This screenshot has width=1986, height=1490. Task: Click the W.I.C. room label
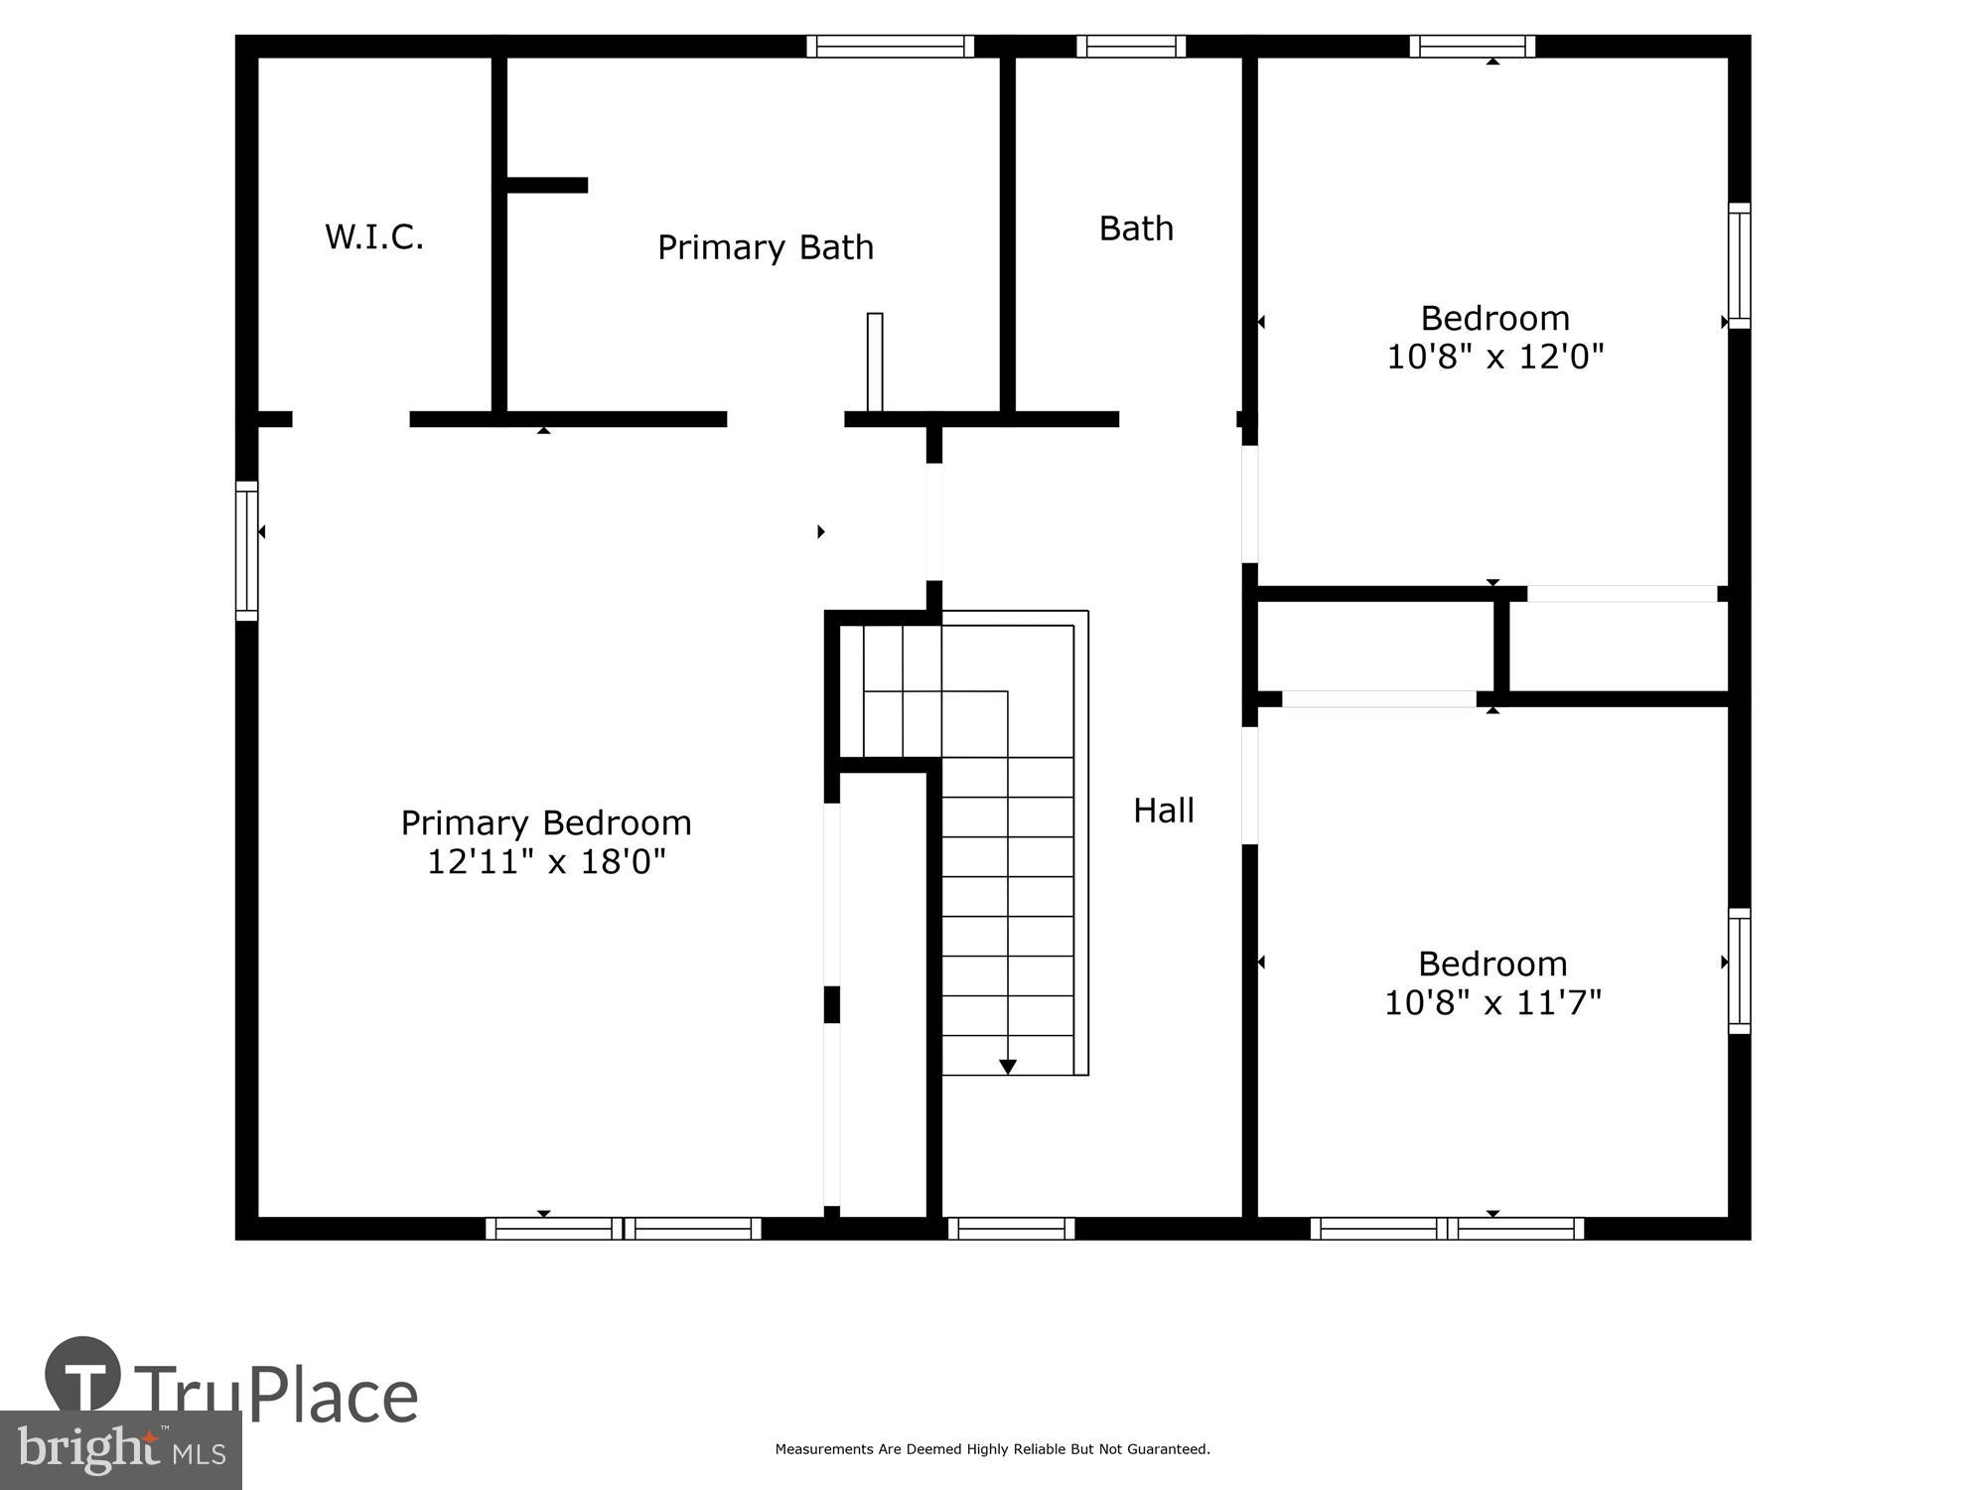coord(374,237)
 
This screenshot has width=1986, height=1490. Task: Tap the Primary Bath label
coord(766,247)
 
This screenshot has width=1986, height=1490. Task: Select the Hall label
coord(1163,811)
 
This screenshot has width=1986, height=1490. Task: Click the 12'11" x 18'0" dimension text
coord(546,861)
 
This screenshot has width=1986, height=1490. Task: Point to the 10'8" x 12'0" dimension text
coord(1494,357)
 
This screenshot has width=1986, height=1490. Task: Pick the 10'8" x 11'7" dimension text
coord(1492,1002)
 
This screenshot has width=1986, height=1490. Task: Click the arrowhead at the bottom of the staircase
coord(1008,1067)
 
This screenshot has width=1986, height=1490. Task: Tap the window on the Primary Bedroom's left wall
coord(246,551)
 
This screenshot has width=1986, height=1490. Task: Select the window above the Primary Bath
coord(890,46)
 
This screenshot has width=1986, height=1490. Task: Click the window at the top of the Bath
coord(1131,46)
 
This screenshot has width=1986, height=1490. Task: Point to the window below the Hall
coord(1011,1229)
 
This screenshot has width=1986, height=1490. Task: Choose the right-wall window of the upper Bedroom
coord(1739,265)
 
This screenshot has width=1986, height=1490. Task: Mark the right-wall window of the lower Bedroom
coord(1739,970)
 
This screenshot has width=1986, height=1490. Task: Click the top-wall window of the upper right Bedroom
coord(1472,46)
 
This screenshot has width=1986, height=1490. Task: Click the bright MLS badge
coord(120,1449)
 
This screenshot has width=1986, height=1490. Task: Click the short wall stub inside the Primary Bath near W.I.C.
coord(546,185)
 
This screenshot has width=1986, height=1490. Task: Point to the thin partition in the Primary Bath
coord(874,362)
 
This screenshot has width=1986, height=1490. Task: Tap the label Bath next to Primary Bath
coord(1136,229)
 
